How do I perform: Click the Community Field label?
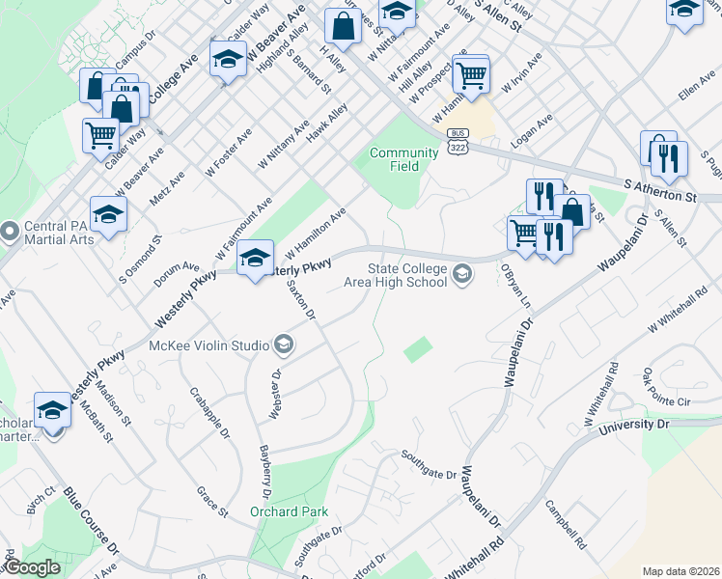(x=403, y=159)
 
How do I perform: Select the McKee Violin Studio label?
(x=209, y=345)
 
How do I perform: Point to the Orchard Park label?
(x=290, y=511)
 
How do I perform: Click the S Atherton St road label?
(x=660, y=189)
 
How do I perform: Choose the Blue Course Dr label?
(x=92, y=521)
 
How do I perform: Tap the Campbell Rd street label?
(x=566, y=524)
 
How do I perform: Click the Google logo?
(x=32, y=567)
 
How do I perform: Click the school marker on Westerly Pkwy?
(x=255, y=258)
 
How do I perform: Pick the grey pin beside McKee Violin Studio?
(x=284, y=345)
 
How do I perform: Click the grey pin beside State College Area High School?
(x=462, y=276)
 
